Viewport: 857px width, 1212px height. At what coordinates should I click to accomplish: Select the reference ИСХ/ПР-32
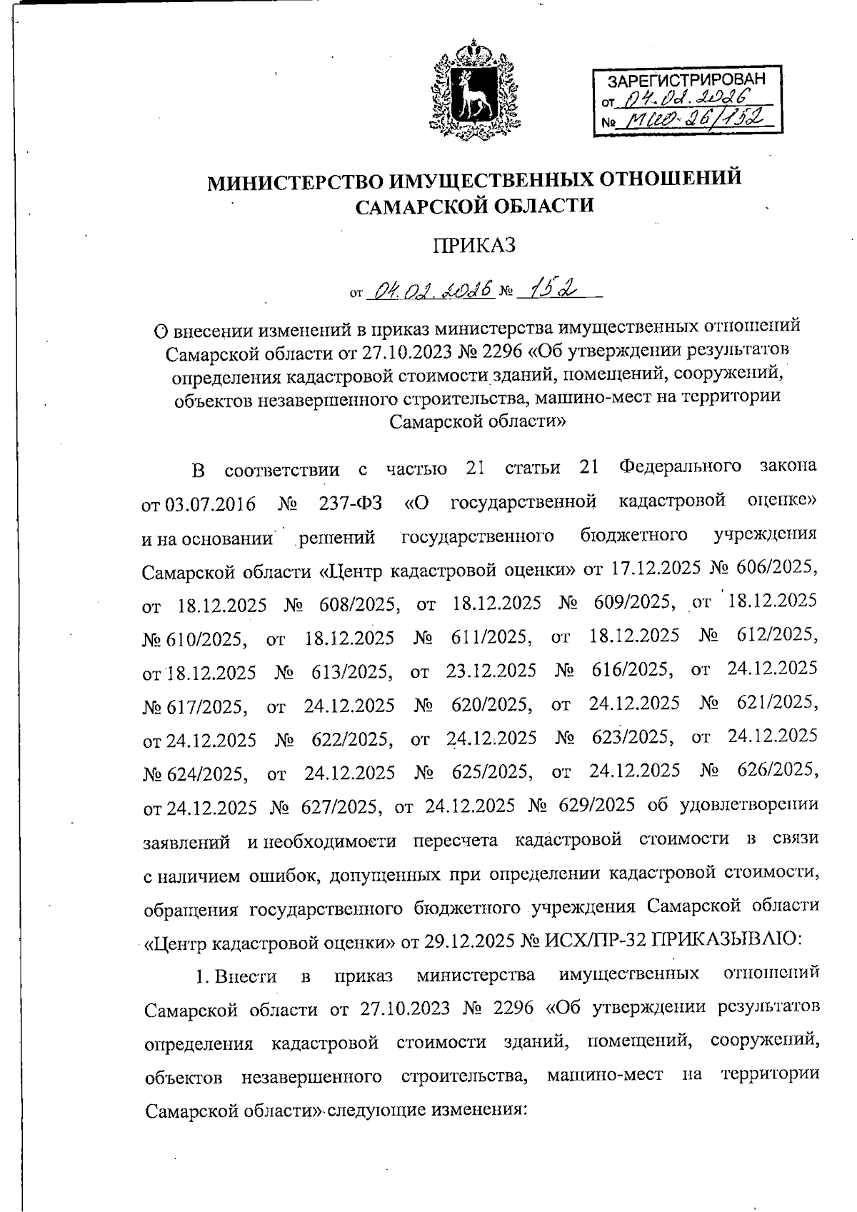593,939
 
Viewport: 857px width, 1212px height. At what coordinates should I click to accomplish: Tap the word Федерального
680,469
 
